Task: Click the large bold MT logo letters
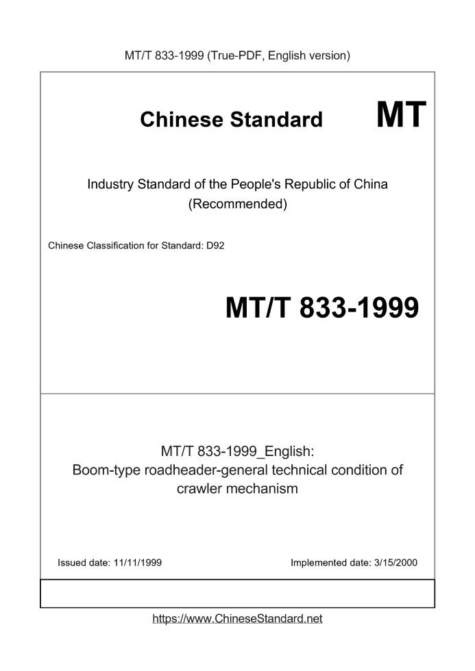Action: click(x=401, y=114)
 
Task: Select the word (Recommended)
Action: click(x=237, y=203)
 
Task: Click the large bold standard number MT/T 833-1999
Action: click(x=321, y=309)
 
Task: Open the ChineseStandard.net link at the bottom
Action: click(x=237, y=619)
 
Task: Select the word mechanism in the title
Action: click(x=265, y=490)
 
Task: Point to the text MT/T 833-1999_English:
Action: click(x=237, y=451)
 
